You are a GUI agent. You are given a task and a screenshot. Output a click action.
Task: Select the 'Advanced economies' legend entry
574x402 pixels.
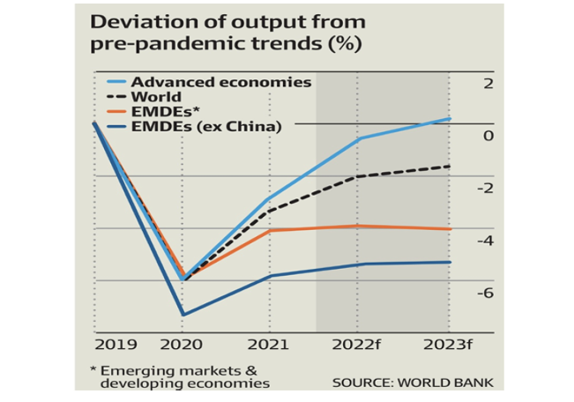221,82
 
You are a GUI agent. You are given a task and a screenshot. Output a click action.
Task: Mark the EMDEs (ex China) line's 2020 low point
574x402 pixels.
183,315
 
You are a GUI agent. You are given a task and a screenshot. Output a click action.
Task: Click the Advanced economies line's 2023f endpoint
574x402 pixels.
449,119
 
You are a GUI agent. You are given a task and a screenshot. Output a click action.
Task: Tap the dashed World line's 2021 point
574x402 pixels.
270,211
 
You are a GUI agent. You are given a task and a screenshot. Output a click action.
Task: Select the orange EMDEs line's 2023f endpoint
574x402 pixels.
449,229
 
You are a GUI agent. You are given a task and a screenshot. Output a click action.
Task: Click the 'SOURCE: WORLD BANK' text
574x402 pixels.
413,383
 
